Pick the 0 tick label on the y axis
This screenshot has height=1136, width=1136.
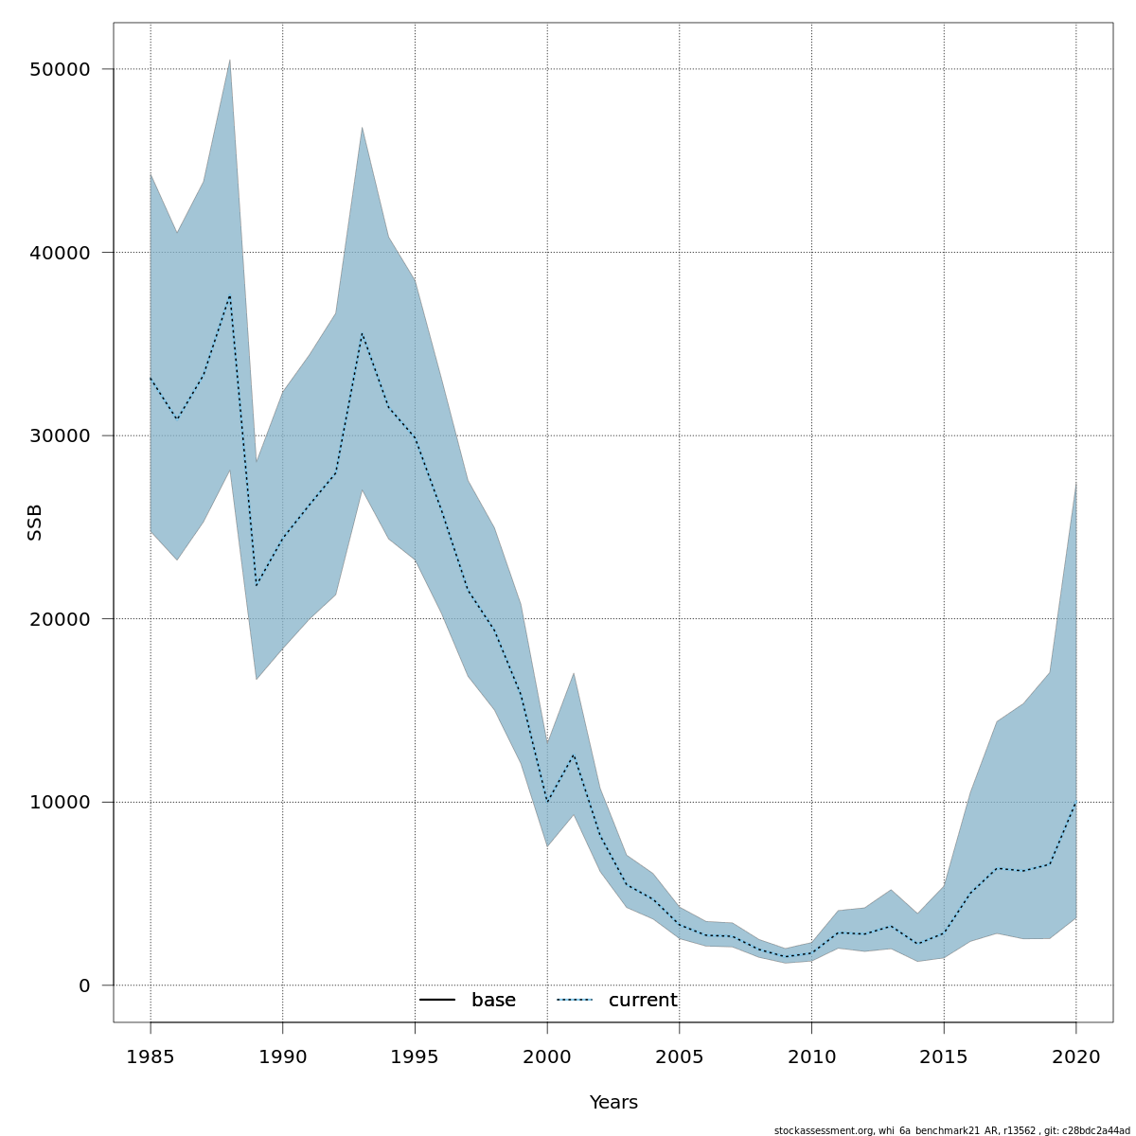pos(84,985)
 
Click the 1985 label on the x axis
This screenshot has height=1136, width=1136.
pos(151,1056)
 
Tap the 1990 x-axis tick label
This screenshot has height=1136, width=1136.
pos(282,1056)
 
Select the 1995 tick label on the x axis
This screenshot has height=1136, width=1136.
pos(415,1056)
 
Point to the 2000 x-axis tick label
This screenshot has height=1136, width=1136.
pos(547,1056)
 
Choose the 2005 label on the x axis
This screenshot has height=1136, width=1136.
pos(679,1056)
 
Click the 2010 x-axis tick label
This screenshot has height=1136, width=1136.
pos(811,1056)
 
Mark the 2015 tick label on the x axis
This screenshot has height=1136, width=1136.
pos(944,1056)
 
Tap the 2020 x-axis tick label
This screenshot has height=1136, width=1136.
pos(1075,1056)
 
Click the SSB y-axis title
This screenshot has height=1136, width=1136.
pos(35,523)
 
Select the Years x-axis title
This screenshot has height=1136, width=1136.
pos(613,1103)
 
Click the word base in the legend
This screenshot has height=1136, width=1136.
pos(493,1001)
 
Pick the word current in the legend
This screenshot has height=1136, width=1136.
pos(643,1001)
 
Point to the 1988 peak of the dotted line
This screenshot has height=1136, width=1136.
pos(229,295)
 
